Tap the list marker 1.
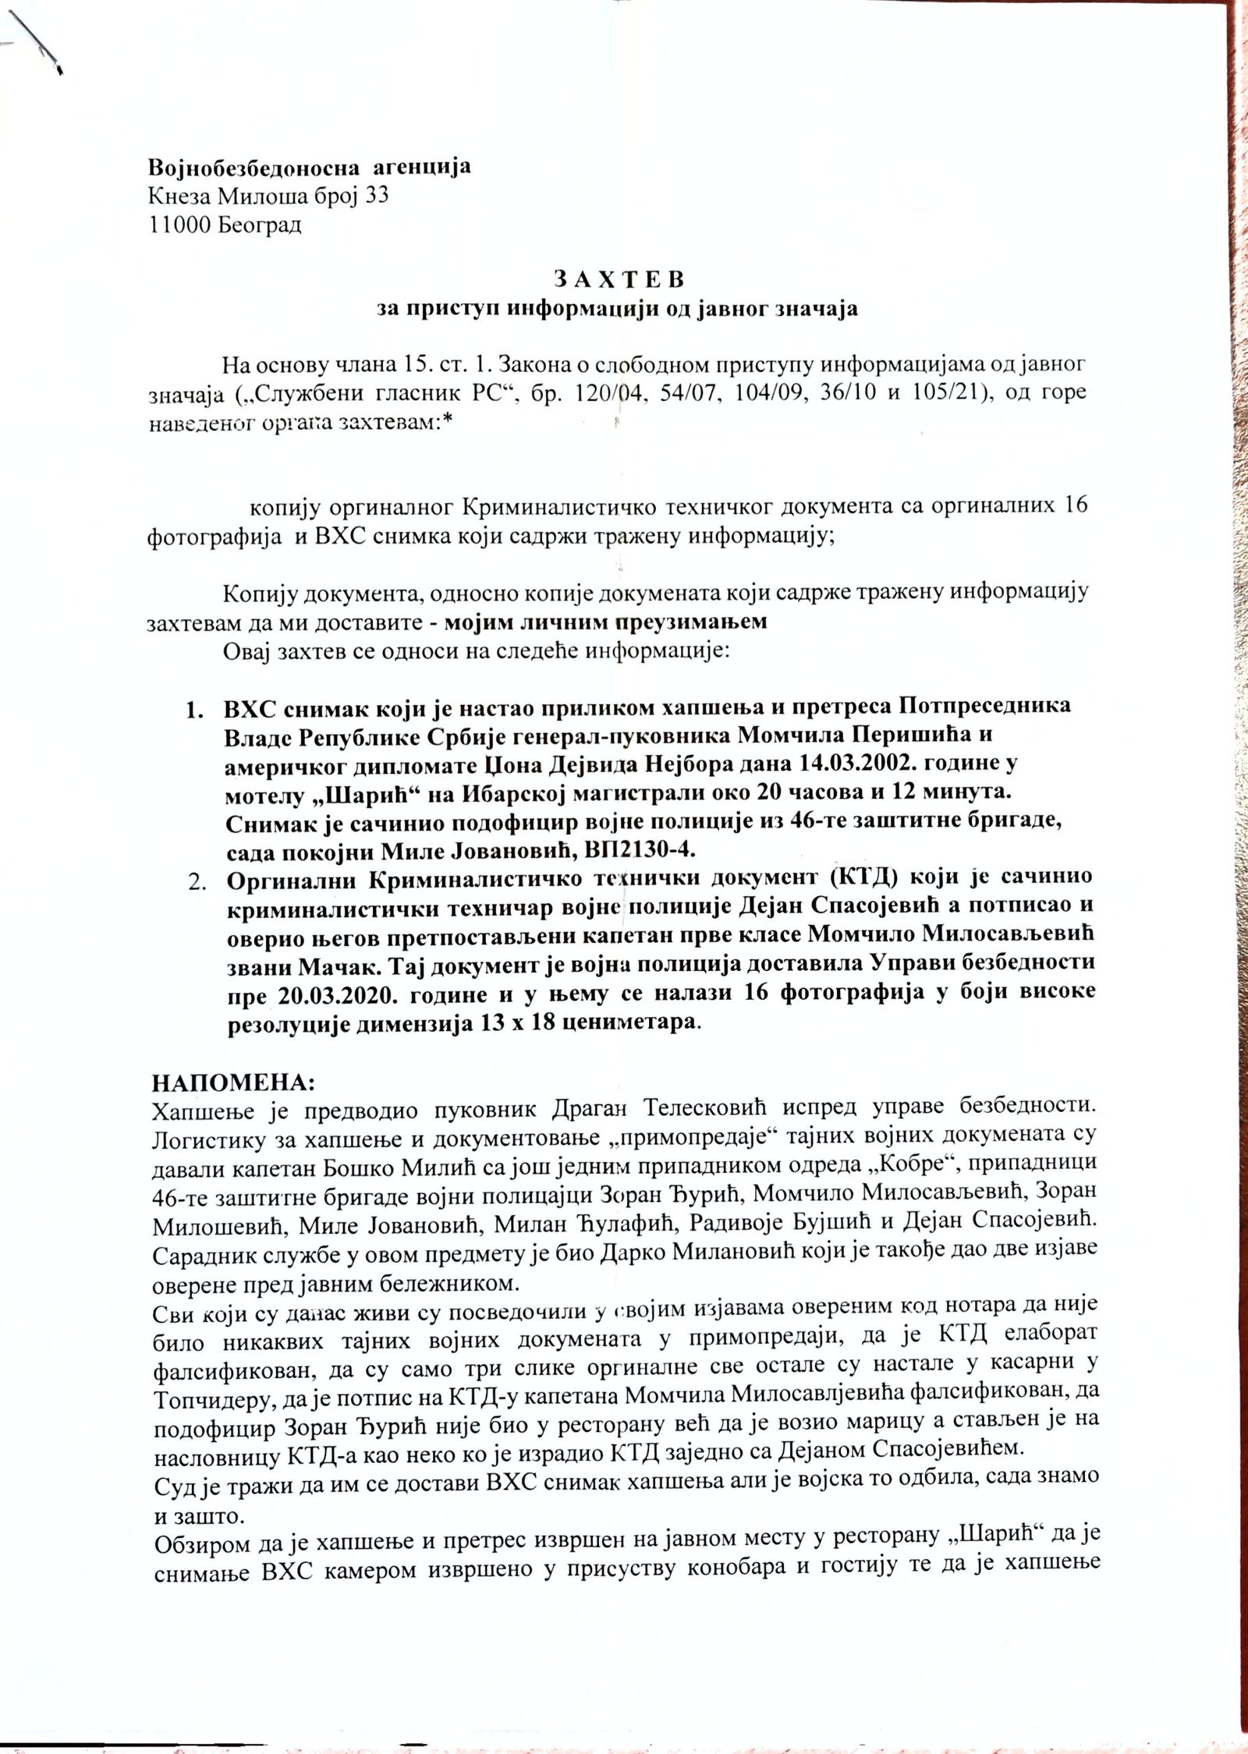click(193, 707)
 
